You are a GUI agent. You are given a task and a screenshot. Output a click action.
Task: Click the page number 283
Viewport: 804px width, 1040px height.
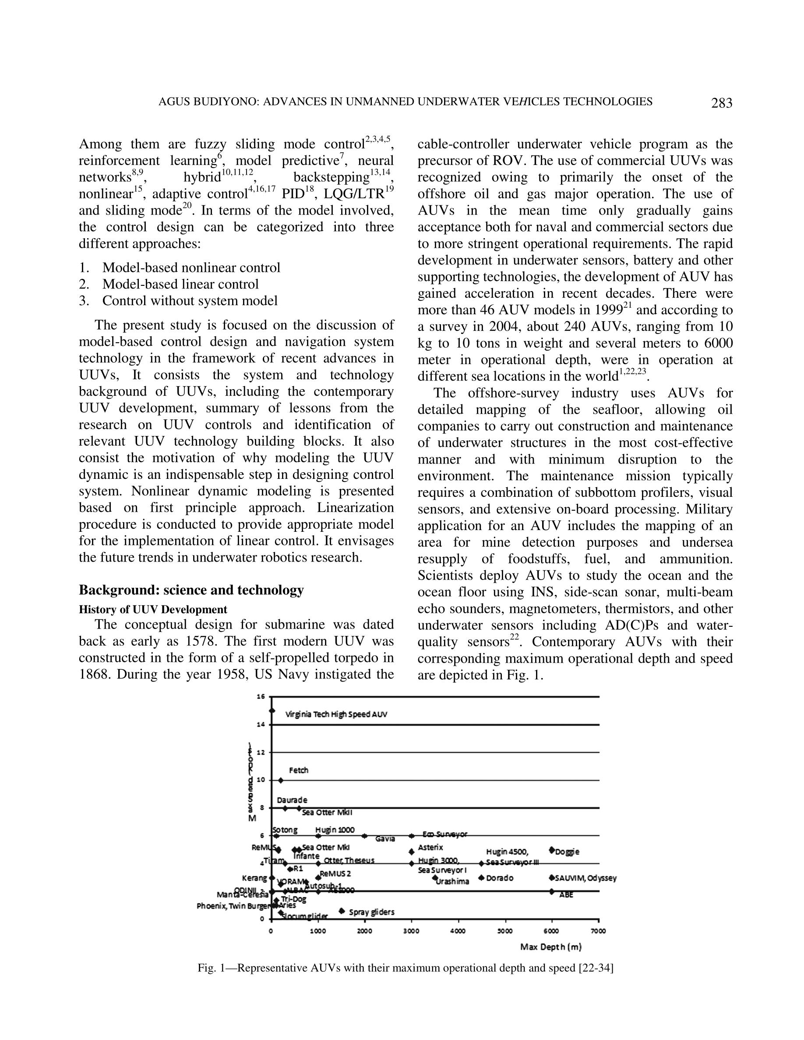click(x=722, y=103)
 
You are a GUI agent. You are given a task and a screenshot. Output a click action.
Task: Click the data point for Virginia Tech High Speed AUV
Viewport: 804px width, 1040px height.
click(x=272, y=711)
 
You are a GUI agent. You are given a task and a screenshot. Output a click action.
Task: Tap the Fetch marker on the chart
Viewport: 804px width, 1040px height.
click(x=281, y=780)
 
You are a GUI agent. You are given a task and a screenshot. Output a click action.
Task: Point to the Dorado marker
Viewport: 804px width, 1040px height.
click(x=482, y=878)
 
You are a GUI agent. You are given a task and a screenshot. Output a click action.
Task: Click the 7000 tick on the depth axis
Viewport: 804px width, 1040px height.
click(x=598, y=931)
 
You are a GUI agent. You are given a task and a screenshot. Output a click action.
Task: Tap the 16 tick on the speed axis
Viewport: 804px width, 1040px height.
click(x=261, y=697)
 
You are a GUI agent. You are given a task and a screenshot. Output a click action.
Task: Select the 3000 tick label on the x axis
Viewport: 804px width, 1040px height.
click(x=411, y=931)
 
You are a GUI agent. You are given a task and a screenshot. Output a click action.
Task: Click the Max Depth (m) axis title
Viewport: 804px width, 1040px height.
click(x=550, y=947)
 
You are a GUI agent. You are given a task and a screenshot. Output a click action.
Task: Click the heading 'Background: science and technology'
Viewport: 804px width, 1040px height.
click(x=191, y=590)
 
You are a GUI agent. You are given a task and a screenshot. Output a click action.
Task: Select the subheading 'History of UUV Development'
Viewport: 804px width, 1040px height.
click(x=153, y=610)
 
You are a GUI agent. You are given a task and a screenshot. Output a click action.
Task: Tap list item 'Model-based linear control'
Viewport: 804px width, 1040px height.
click(x=180, y=284)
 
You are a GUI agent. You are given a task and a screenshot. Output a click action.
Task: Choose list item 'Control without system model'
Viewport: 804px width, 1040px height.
click(x=190, y=301)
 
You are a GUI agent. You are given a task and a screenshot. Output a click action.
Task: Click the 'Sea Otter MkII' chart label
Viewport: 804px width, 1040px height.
click(x=327, y=812)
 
